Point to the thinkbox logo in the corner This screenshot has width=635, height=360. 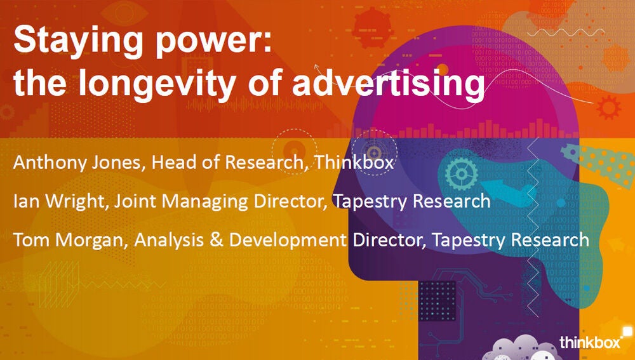pos(589,342)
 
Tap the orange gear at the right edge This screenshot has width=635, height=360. pos(610,107)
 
